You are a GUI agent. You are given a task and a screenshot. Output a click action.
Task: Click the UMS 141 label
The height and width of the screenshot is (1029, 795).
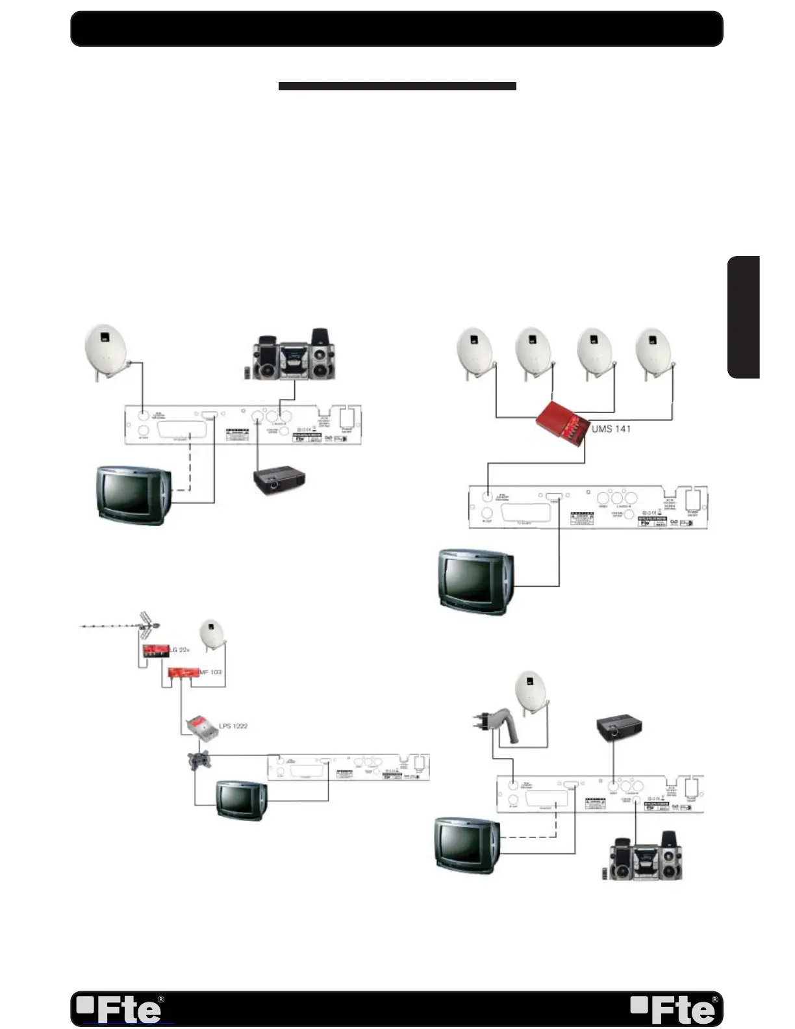(x=611, y=429)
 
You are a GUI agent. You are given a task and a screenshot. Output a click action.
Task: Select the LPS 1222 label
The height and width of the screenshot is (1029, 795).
(x=233, y=726)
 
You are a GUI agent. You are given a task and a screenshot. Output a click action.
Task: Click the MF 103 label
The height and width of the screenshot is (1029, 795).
(x=210, y=672)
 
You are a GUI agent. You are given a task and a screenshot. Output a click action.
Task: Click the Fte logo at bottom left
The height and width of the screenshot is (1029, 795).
(x=120, y=1010)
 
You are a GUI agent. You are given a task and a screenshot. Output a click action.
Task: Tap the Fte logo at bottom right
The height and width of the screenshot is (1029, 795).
(x=674, y=1010)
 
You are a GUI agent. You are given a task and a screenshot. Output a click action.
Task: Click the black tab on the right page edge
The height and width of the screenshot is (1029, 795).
(x=744, y=317)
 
